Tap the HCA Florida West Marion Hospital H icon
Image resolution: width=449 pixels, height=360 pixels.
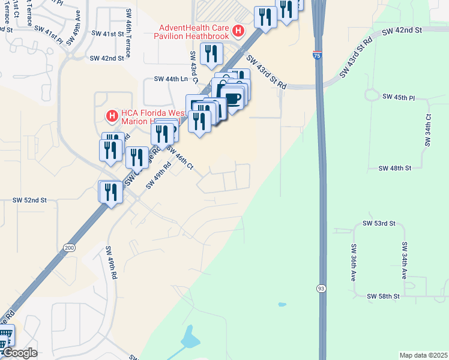111,115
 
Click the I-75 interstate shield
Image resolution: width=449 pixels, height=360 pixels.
317,55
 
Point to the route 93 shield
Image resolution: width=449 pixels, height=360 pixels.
322,289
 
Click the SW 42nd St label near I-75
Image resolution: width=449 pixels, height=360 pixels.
402,29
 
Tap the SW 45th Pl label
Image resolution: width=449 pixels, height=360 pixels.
399,97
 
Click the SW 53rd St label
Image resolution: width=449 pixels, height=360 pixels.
379,223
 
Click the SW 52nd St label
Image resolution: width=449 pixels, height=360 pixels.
30,200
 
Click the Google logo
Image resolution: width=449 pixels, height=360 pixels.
19,353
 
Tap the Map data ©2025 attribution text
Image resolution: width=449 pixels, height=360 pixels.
423,355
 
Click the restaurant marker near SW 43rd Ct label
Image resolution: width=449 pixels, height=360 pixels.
211,54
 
